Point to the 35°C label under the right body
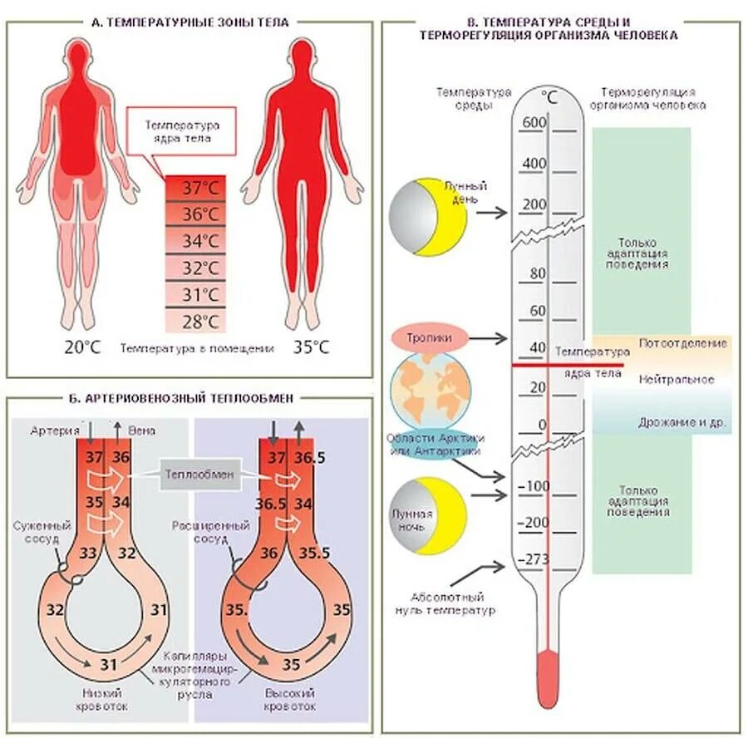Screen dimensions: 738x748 tap(311, 347)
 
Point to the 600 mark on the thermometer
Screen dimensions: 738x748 tap(533, 123)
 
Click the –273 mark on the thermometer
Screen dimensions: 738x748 tap(534, 558)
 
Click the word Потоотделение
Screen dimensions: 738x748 tap(682, 342)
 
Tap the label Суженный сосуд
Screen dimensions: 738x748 tap(42, 531)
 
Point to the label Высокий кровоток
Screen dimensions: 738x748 tap(290, 699)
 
